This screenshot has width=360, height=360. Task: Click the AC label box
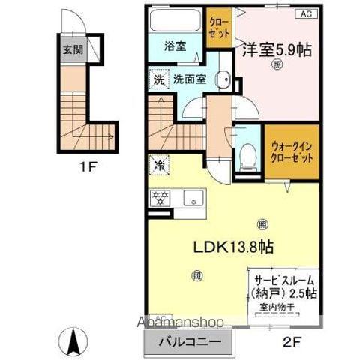306,13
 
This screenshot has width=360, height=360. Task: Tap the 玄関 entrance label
72,51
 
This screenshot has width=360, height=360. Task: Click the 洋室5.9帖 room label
277,50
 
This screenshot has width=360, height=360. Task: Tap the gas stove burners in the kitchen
159,199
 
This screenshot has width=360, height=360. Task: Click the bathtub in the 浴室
174,19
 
